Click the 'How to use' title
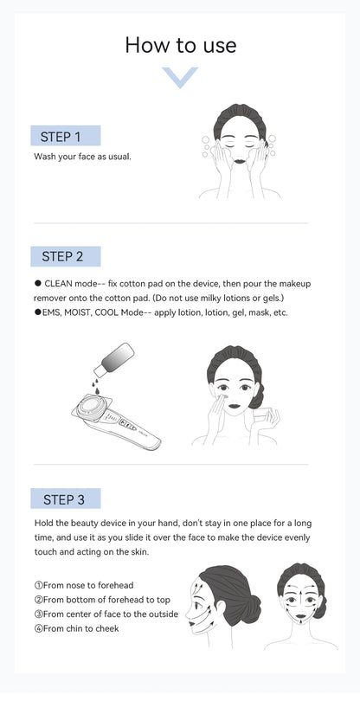click(x=180, y=45)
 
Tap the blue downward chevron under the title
click(x=180, y=78)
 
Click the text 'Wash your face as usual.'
click(x=82, y=157)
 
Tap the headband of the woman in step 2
click(x=231, y=357)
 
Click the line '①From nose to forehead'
click(x=84, y=585)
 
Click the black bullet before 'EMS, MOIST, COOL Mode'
click(x=37, y=312)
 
